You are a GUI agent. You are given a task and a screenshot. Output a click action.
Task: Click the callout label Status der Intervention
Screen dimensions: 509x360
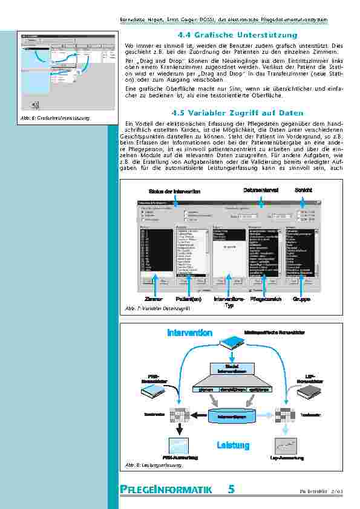(x=175, y=191)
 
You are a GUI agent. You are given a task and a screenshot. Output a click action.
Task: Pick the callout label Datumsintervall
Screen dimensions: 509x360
(x=261, y=190)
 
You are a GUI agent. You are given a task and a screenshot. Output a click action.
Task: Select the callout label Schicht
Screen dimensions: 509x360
(x=303, y=190)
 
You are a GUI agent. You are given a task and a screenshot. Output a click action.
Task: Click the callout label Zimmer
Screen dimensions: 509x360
(x=154, y=299)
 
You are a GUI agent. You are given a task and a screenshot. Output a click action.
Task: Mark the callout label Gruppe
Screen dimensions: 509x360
(x=302, y=299)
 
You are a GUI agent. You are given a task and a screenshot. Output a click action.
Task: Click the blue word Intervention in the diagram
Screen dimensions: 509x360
(x=189, y=333)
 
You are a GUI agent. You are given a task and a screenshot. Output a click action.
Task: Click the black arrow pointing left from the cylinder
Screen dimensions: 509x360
(x=199, y=415)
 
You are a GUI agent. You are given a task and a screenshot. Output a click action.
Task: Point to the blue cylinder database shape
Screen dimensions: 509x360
(x=232, y=416)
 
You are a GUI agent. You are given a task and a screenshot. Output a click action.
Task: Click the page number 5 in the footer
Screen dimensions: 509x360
(x=231, y=490)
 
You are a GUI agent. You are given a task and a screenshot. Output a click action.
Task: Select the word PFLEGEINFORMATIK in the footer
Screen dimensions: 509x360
(x=165, y=490)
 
